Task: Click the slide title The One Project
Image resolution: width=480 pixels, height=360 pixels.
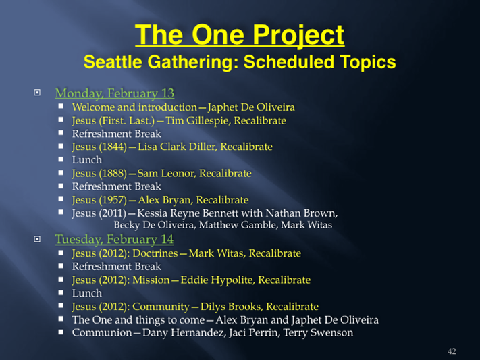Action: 240,35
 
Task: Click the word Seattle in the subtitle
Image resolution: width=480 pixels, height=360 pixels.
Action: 113,62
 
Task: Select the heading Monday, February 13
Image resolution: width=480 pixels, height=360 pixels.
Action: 115,93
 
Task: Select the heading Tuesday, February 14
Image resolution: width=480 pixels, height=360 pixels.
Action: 115,239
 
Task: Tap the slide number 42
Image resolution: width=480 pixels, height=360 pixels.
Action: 452,351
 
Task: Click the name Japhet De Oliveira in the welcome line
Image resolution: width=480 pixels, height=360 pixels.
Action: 251,107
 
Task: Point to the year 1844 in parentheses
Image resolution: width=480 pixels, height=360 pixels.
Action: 113,147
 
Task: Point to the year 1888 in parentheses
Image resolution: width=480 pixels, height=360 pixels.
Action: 113,173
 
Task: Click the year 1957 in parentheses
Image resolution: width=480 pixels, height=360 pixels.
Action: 113,200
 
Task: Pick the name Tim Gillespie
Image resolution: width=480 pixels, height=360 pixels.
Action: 198,121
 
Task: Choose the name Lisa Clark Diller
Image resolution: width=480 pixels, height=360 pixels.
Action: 178,147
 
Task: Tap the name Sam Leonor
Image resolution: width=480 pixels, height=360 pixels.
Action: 166,174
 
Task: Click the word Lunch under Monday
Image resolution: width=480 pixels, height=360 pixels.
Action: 87,160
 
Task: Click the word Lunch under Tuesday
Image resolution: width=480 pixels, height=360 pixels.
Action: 87,293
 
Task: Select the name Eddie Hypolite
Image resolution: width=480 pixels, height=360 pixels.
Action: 217,280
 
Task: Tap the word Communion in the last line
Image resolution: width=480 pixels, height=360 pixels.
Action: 102,333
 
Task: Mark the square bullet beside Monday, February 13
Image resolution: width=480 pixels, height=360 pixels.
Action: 37,93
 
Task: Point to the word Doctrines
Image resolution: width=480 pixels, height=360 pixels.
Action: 155,253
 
